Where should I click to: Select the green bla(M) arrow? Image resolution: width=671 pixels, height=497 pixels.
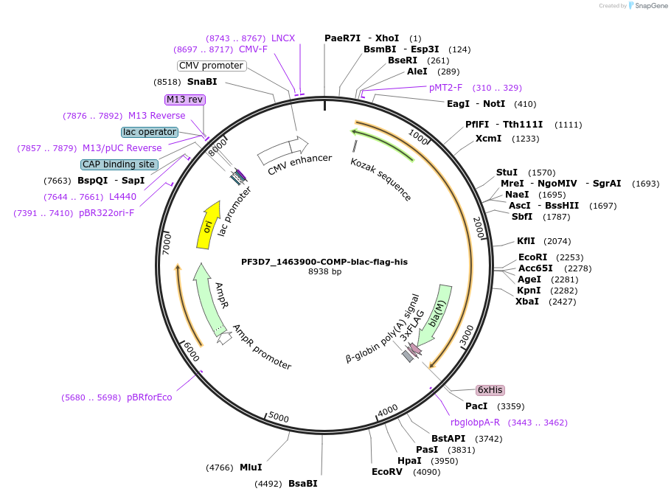[439, 313]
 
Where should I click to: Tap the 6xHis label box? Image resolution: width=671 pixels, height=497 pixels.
[490, 390]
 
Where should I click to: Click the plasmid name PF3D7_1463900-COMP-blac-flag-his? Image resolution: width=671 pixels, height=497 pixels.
[324, 262]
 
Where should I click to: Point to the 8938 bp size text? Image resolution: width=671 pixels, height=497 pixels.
[324, 272]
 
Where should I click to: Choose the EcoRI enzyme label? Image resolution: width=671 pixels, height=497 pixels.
[531, 257]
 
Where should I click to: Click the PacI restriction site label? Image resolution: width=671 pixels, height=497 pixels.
[476, 406]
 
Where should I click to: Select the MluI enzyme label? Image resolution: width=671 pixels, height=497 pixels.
[251, 467]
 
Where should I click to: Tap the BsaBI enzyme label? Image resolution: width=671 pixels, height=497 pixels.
[302, 484]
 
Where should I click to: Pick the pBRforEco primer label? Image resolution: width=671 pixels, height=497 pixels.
[150, 397]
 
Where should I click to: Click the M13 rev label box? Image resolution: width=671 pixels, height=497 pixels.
[184, 100]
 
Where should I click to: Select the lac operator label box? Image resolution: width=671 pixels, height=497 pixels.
[150, 132]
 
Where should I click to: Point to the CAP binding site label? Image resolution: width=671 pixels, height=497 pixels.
[119, 164]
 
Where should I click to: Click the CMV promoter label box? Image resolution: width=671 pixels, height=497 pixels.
[212, 66]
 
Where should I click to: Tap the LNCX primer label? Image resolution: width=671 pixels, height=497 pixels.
[283, 38]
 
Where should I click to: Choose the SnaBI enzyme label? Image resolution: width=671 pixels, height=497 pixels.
[202, 82]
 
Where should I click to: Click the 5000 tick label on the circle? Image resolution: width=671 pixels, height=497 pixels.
[278, 417]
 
